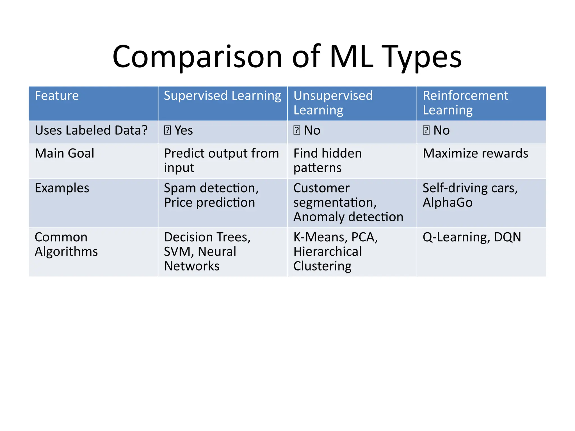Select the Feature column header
tap(57, 96)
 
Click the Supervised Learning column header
tap(222, 96)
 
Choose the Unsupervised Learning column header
tap(333, 103)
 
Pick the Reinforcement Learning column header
tap(465, 103)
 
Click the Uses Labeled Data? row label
tap(91, 130)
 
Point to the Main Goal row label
tap(64, 153)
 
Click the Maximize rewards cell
tap(475, 153)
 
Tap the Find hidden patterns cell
tap(327, 161)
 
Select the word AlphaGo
tap(448, 203)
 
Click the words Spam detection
tap(211, 188)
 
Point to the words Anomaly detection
tap(348, 217)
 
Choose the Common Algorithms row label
tap(66, 244)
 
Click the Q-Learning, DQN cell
tap(472, 237)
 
